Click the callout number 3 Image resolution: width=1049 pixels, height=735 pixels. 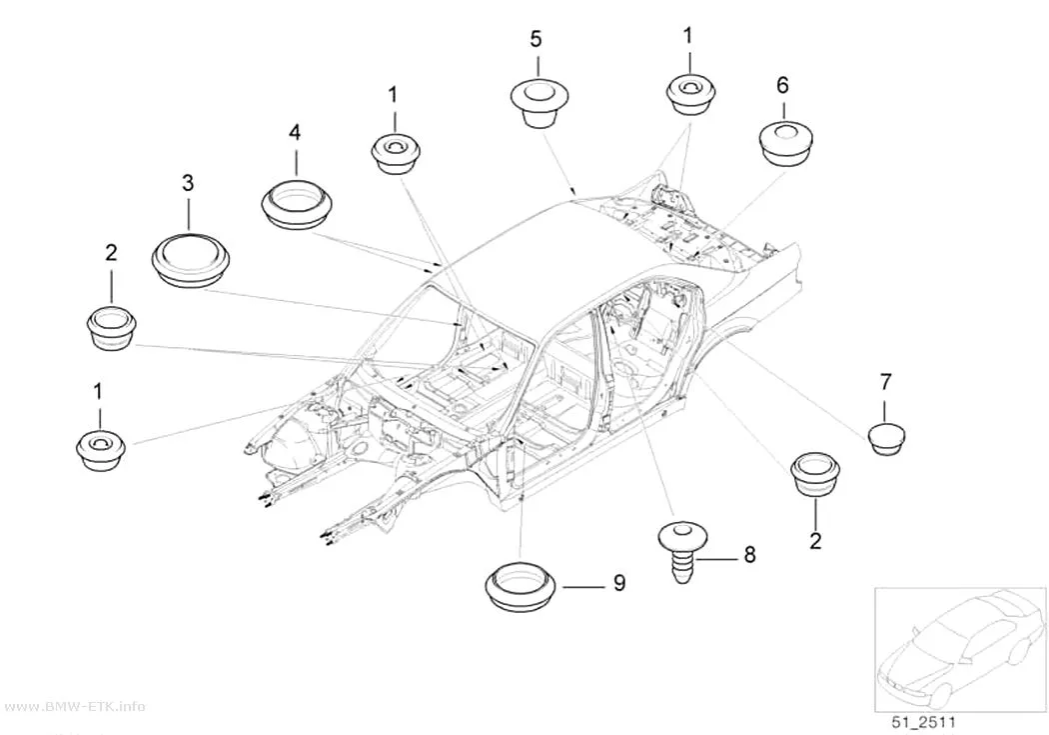(x=188, y=182)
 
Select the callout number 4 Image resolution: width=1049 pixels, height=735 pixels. (x=295, y=132)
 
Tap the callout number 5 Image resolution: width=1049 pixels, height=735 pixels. (x=535, y=39)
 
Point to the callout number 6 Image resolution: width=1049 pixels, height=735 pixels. (x=782, y=85)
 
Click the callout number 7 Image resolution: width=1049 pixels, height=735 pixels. (x=885, y=382)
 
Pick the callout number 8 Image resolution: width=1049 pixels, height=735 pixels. (x=749, y=554)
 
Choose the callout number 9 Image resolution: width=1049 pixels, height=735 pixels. (x=619, y=583)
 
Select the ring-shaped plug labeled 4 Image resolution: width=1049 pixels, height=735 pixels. (x=296, y=204)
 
